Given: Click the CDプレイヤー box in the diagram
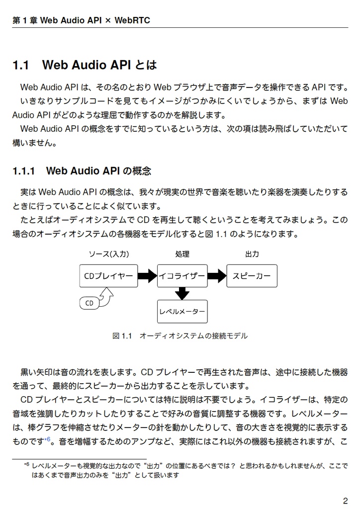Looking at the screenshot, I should click(108, 276).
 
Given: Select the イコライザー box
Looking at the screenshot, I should click(182, 276).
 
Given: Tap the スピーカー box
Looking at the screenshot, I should click(252, 276).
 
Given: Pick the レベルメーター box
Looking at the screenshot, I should click(182, 312).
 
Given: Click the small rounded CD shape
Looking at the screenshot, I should click(90, 303).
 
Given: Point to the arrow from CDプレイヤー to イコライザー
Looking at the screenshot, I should click(147, 276).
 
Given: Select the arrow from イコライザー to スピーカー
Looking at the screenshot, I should click(217, 276).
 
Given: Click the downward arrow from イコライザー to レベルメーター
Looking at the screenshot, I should click(182, 294).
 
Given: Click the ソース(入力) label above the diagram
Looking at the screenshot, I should click(108, 254).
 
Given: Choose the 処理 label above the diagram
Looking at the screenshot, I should click(182, 254).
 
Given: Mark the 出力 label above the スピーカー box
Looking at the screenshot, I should click(252, 254).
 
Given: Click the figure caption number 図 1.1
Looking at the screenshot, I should click(122, 336).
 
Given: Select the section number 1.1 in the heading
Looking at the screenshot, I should click(21, 65).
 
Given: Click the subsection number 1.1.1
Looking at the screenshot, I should click(23, 171).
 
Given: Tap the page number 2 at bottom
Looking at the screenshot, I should click(345, 500).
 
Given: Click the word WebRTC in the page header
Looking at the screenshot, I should click(132, 20).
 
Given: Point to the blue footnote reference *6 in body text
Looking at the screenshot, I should click(47, 439).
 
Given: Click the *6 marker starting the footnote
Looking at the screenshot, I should click(27, 465).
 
